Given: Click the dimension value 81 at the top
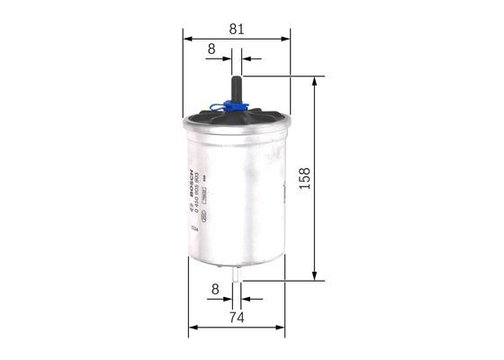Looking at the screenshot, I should click(x=236, y=29).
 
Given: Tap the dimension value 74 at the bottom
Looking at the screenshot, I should click(x=236, y=317).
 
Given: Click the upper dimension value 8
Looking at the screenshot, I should click(x=211, y=49).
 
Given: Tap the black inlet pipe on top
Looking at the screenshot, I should click(x=236, y=86).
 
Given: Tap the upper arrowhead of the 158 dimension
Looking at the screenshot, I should click(x=313, y=81).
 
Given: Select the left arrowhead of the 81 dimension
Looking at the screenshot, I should click(x=187, y=39).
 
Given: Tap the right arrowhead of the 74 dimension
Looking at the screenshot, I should click(x=282, y=327).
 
